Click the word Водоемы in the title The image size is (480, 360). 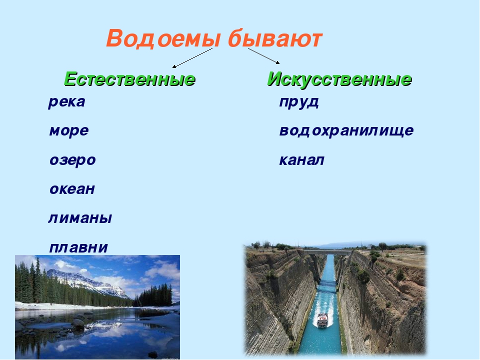point(163,39)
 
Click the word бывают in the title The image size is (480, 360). point(275,38)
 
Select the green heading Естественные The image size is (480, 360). point(129,79)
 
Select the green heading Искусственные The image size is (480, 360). point(339,79)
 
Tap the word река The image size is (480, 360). point(66,102)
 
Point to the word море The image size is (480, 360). point(69,130)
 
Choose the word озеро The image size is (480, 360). point(72,160)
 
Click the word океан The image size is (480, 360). point(72,189)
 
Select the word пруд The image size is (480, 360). point(299,102)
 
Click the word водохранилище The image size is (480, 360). point(346,130)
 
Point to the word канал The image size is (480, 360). point(301,160)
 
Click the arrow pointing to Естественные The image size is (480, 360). point(192,58)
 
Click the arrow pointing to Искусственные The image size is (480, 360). point(264,55)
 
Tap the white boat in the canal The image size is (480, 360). point(322,320)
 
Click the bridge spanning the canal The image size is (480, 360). point(327,252)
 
